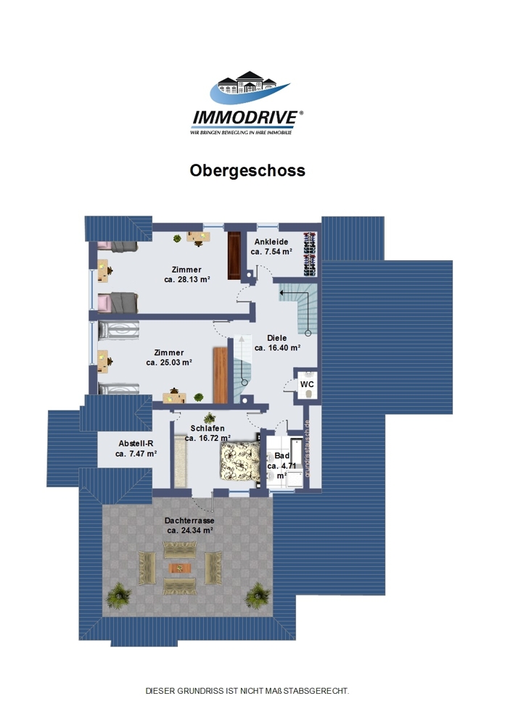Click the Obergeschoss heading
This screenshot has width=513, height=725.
[247, 170]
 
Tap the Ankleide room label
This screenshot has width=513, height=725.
[271, 241]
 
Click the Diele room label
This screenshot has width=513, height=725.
[277, 338]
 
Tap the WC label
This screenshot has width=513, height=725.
[307, 384]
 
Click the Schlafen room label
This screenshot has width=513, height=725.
[208, 428]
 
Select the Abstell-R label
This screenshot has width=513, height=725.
[136, 444]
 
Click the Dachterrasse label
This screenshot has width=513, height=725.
[189, 521]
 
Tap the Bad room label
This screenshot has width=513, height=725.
[282, 456]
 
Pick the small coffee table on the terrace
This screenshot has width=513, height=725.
[181, 568]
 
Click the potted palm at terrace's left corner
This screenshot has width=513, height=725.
[119, 595]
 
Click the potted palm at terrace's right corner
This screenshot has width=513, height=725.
[258, 595]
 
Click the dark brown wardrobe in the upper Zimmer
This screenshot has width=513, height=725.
[234, 255]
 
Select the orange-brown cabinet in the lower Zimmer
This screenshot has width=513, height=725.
[220, 375]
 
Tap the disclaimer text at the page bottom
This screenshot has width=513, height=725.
[247, 691]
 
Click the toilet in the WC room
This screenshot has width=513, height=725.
[309, 394]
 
